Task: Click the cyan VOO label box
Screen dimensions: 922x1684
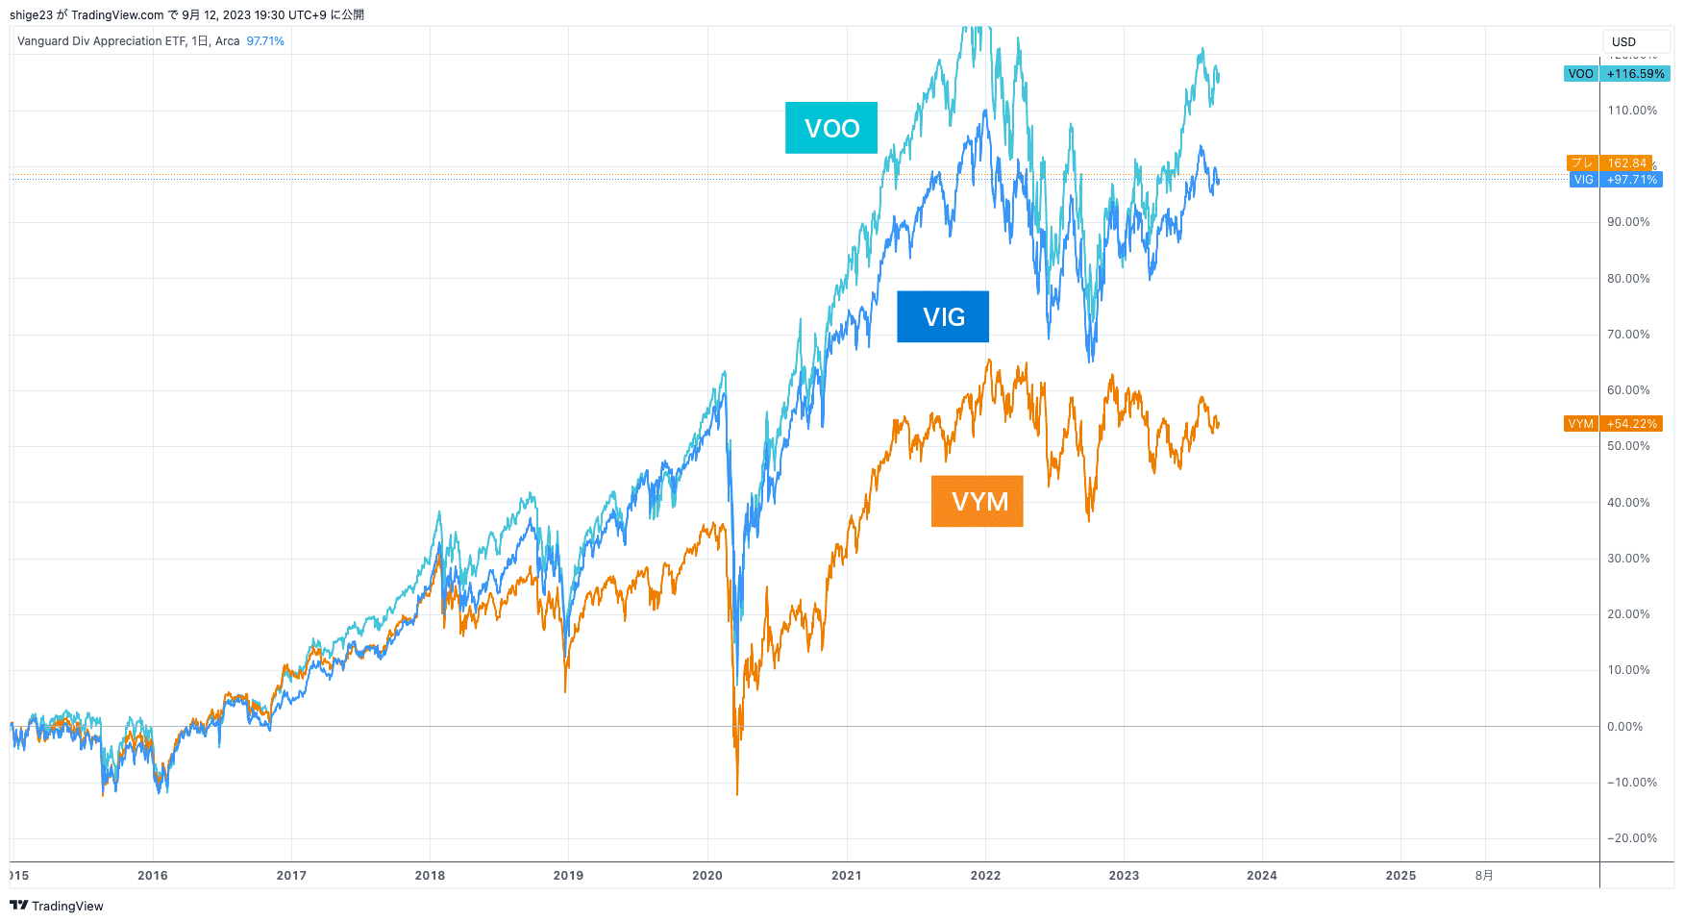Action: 830,128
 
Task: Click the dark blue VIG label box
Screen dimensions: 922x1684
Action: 942,316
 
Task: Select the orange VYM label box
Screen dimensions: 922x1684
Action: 977,501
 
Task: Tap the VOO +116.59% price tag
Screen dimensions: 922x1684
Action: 1617,74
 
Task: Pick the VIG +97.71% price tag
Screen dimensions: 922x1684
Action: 1617,180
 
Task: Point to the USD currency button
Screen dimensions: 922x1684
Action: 1634,41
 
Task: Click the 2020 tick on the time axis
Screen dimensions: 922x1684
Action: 707,875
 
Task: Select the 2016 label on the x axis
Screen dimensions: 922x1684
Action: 153,875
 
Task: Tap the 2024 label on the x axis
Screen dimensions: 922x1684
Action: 1262,875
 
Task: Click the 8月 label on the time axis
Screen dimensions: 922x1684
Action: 1484,875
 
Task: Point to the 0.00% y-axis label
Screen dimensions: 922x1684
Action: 1624,727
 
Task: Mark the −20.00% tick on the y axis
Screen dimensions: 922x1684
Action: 1631,838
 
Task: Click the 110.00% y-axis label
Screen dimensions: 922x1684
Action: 1631,111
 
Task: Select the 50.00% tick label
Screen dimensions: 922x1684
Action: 1627,446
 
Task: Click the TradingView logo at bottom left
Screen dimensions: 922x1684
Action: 57,906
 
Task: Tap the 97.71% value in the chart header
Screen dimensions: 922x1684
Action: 265,41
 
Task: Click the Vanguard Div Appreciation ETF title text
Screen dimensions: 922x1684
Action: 102,41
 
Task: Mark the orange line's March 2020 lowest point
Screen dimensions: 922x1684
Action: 737,794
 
